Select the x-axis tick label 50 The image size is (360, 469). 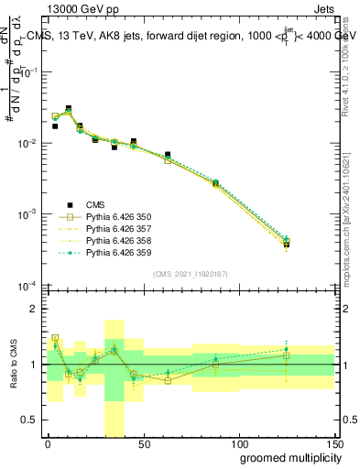(143, 445)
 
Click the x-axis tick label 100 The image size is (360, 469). (238, 445)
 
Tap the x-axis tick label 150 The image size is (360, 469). (333, 445)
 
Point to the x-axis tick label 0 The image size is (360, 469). (48, 445)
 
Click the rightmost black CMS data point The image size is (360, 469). (287, 244)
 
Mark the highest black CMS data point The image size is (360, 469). (69, 109)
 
